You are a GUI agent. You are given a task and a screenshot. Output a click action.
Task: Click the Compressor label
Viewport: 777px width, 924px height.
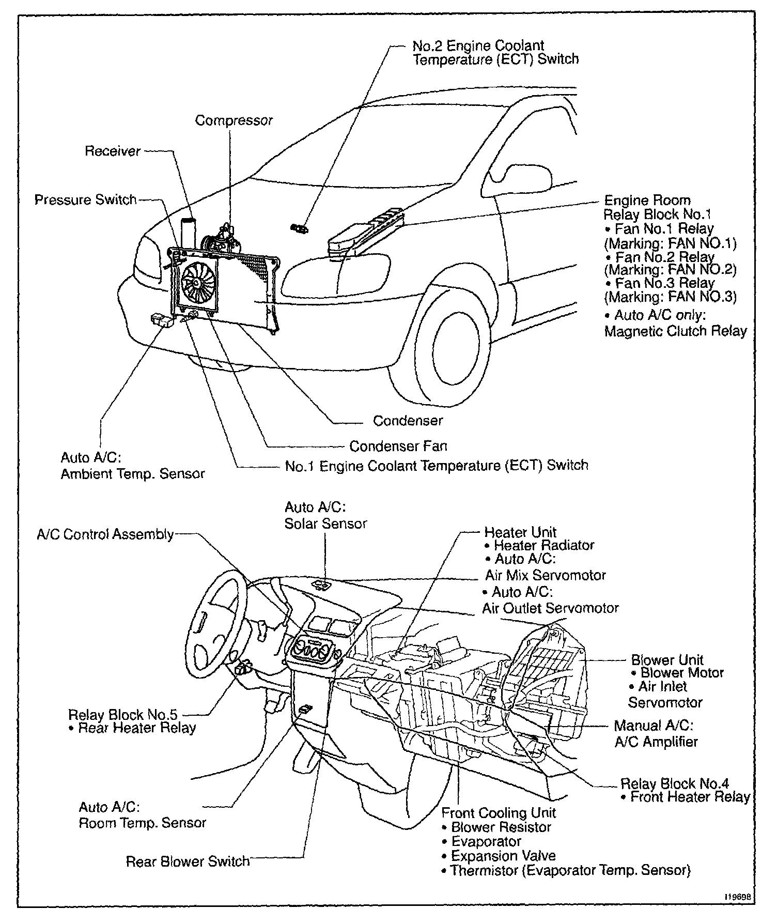point(234,120)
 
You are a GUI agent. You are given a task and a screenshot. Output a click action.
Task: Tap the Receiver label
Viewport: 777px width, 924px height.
point(113,151)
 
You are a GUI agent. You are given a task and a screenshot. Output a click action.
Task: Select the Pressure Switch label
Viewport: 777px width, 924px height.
point(85,200)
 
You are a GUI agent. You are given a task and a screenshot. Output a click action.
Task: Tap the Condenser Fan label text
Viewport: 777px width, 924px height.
point(398,446)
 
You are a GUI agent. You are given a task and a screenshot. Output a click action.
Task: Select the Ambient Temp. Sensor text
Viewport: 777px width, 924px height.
point(133,474)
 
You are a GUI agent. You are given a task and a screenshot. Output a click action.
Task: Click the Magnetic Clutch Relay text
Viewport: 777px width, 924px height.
point(675,331)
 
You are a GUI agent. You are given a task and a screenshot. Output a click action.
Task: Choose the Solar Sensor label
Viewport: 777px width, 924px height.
point(325,523)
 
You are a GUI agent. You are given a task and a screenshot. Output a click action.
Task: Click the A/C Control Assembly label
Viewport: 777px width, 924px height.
point(105,534)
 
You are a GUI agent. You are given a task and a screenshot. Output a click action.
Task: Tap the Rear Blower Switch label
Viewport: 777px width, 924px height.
point(188,861)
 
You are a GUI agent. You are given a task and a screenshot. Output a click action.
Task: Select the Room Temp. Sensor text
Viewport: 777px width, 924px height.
point(142,823)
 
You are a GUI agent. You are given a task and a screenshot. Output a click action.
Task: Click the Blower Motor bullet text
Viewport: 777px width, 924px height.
point(681,673)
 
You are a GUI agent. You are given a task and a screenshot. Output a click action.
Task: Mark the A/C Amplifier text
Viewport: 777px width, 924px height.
point(656,742)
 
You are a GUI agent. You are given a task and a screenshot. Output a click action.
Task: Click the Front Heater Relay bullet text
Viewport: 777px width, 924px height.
point(690,797)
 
